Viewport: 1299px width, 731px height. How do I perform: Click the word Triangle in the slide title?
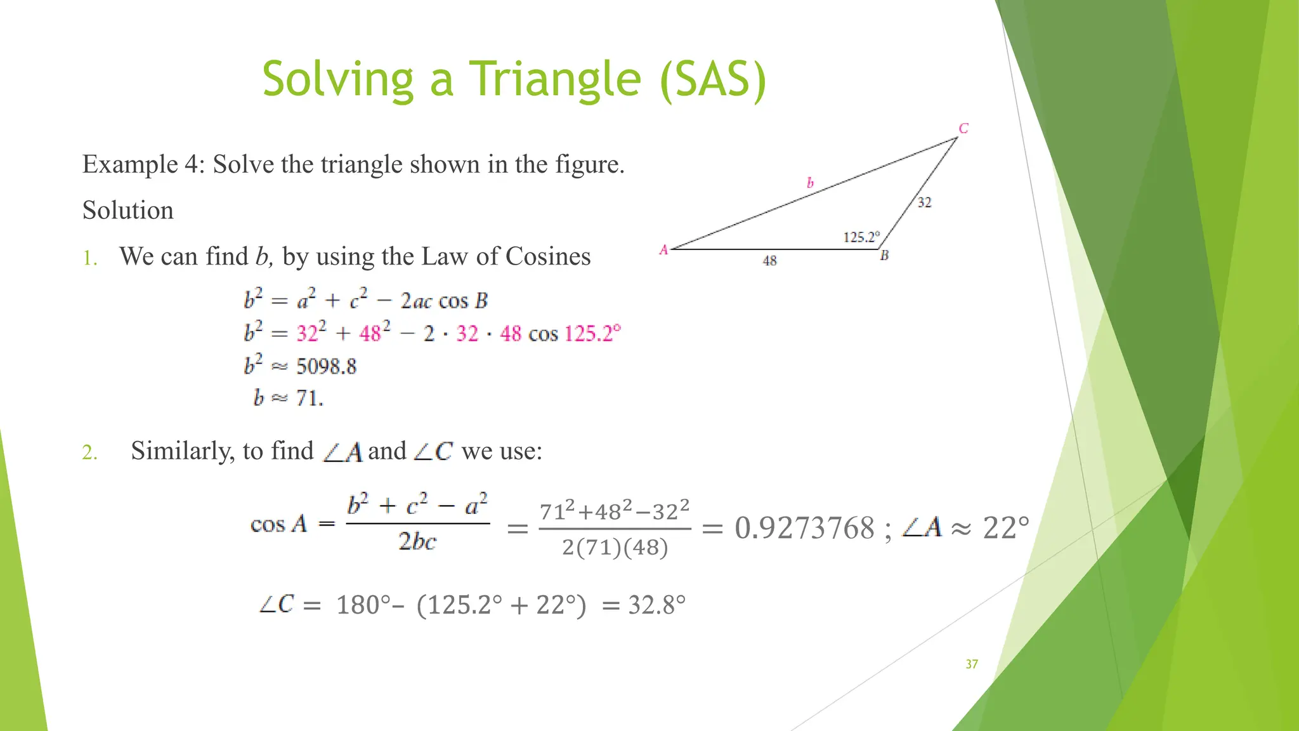554,79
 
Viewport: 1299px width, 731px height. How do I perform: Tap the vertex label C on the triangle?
963,129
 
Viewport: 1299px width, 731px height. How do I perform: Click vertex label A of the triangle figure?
663,250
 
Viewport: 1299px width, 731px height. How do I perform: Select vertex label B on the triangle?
884,256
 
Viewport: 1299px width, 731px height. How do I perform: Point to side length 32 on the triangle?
924,202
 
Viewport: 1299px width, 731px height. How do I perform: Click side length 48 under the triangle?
769,261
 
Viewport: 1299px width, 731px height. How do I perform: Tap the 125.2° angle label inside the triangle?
861,237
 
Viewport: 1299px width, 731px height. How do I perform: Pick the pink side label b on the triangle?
810,183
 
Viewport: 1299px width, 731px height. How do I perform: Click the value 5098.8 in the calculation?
327,367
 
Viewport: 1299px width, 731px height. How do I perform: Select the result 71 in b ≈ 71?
308,398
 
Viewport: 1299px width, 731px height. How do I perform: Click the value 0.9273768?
804,528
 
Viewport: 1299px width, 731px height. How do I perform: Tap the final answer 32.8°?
656,605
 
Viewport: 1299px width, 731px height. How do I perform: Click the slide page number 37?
972,664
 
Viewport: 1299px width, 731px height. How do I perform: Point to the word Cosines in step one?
548,256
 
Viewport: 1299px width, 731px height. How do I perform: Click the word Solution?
127,210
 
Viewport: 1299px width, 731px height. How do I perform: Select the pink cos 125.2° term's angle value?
592,334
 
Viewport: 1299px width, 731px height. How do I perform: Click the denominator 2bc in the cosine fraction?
417,542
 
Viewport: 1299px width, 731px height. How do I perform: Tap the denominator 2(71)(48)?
615,547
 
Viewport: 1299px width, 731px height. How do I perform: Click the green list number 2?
89,452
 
